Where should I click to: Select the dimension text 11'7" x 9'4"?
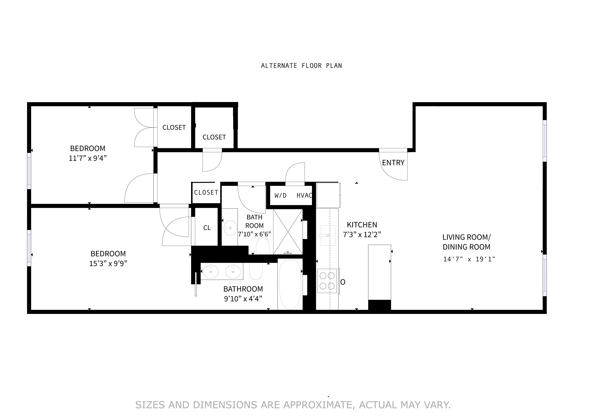coord(87,158)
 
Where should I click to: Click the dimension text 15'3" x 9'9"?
coord(108,263)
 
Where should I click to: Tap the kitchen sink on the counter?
coord(328,235)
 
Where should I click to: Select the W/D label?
coord(280,195)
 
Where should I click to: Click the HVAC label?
coord(304,195)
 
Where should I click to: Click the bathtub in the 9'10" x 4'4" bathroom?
coord(290,284)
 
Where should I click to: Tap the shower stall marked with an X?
coord(288,232)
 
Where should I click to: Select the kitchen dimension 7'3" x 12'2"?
coord(362,234)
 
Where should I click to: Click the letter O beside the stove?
coord(342,282)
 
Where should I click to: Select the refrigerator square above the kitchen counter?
coord(328,195)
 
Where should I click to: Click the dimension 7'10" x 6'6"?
coord(254,234)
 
